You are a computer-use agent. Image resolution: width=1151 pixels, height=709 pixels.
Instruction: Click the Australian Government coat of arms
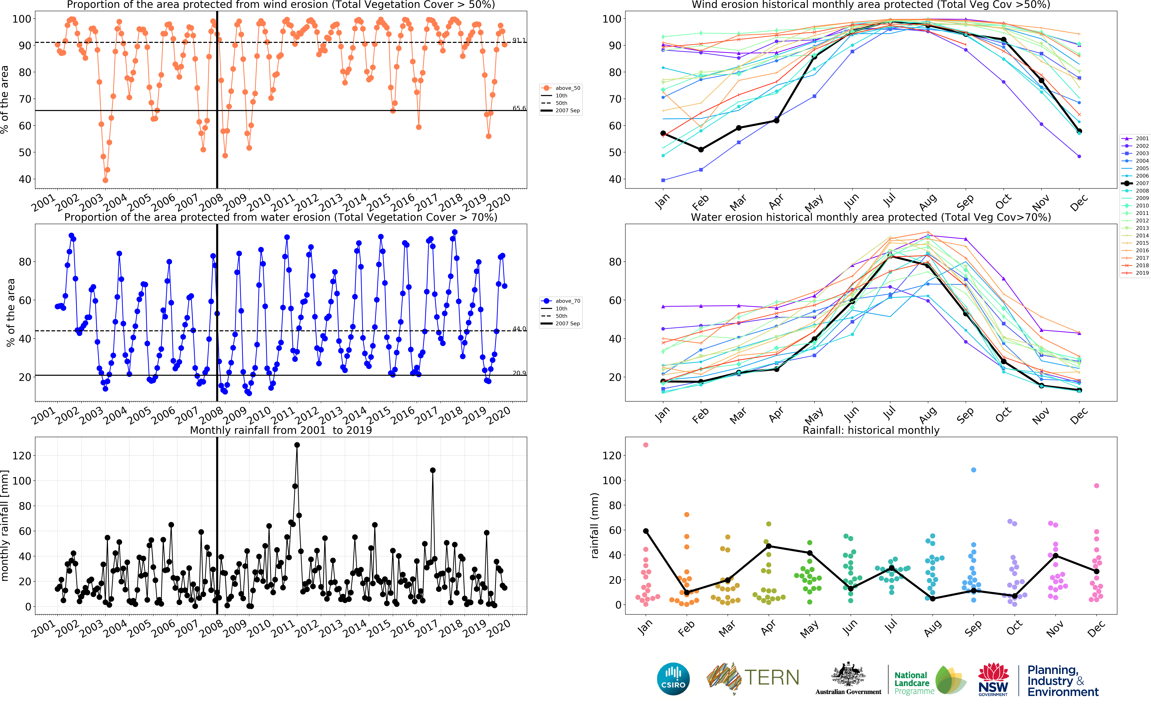[x=848, y=675]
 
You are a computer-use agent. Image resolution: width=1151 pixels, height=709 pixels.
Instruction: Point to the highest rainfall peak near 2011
[x=297, y=445]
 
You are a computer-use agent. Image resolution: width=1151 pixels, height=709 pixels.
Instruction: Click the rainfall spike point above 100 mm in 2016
[x=433, y=470]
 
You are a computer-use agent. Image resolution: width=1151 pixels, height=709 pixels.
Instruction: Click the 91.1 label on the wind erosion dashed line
[x=519, y=40]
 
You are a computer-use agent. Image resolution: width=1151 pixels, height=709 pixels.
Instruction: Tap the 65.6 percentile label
[x=519, y=108]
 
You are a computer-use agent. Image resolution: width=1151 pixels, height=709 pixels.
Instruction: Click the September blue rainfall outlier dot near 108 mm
[x=973, y=470]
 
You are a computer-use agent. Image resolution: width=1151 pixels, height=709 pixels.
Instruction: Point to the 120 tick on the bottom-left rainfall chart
[x=22, y=455]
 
